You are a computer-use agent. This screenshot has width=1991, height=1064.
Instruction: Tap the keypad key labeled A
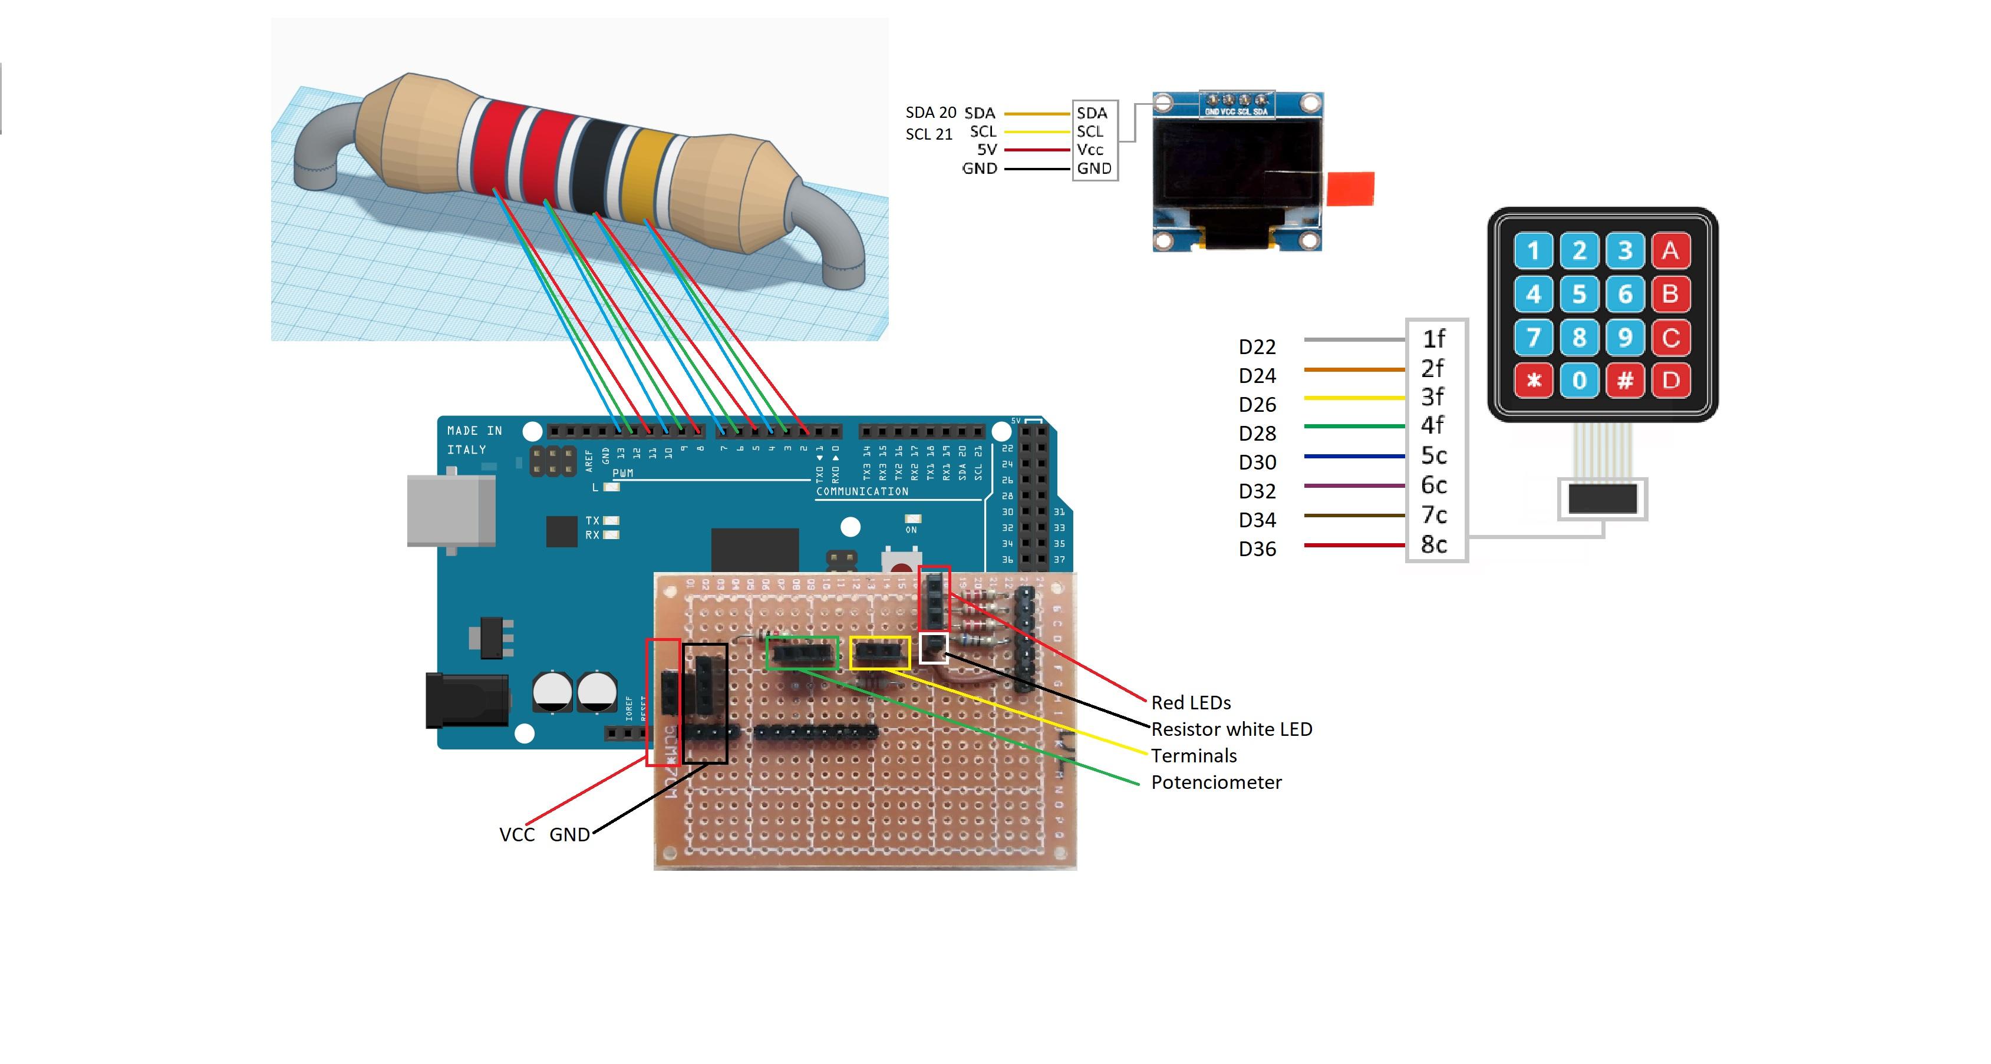[x=1670, y=250]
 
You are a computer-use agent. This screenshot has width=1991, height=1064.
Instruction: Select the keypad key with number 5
[x=1578, y=293]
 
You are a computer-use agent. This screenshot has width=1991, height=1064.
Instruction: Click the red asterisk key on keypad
[x=1534, y=380]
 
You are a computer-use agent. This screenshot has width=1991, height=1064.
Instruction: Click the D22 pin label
[x=1257, y=347]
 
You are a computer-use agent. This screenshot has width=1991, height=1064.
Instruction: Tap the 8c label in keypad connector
[x=1434, y=545]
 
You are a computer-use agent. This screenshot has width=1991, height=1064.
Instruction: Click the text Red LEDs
[x=1190, y=702]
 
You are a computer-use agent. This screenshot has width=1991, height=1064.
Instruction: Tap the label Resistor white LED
[x=1231, y=729]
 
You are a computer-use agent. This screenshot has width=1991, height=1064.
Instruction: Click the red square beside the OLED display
[x=1350, y=189]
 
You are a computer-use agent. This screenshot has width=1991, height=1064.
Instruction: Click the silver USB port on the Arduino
[x=451, y=511]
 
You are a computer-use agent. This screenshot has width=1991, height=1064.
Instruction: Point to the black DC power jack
[x=466, y=700]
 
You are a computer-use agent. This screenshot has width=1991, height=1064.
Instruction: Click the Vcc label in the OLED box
[x=1090, y=149]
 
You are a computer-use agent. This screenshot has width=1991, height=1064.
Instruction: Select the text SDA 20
[x=931, y=113]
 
